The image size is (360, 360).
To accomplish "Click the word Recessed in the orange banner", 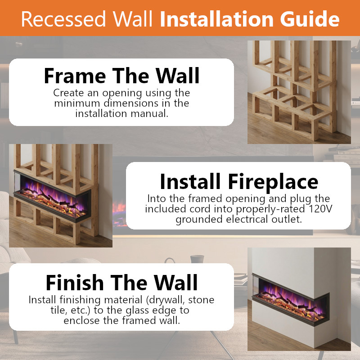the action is pyautogui.click(x=63, y=19).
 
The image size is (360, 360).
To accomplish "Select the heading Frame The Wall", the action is pyautogui.click(x=121, y=76).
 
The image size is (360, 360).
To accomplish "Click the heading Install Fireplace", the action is pyautogui.click(x=239, y=182).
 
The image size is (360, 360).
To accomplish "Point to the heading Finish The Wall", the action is pyautogui.click(x=121, y=283).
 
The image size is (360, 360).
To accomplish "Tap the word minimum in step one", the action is pyautogui.click(x=77, y=103).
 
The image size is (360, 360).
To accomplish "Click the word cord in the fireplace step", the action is pyautogui.click(x=200, y=209).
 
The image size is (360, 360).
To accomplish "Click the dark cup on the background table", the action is pyautogui.click(x=197, y=259).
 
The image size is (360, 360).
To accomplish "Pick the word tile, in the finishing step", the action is pyautogui.click(x=59, y=310).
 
